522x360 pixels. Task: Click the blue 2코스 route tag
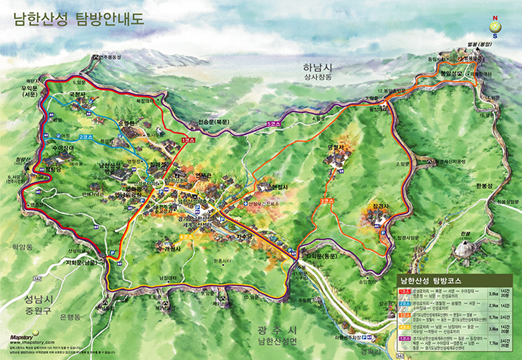coord(86,137)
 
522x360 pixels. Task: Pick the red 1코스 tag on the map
coord(189,139)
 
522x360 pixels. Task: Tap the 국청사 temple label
coord(79,95)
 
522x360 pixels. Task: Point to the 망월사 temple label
coord(335,148)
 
